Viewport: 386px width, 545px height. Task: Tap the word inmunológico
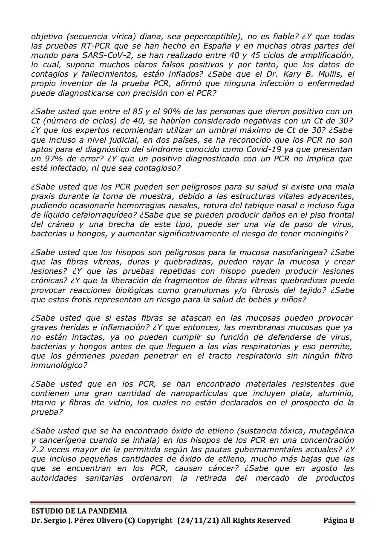click(x=58, y=365)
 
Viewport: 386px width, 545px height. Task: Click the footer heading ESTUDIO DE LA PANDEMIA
click(x=79, y=511)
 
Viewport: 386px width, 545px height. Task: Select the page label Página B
click(x=339, y=520)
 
